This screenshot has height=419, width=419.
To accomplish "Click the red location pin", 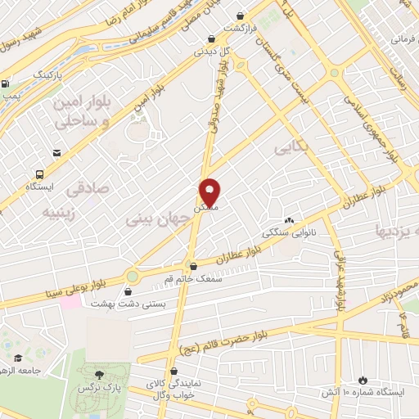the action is (x=210, y=192).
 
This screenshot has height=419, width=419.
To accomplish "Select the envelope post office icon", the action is (x=56, y=152).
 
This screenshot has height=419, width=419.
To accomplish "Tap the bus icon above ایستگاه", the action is (x=38, y=174).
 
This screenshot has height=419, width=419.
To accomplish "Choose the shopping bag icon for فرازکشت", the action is (x=240, y=16).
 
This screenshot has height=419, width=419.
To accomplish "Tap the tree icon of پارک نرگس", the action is (x=100, y=372).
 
